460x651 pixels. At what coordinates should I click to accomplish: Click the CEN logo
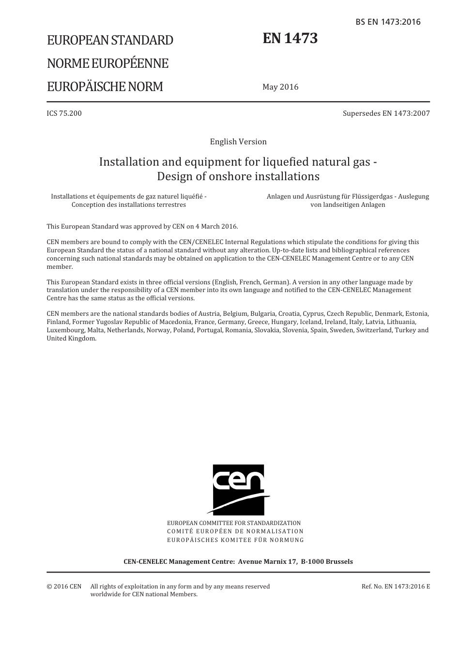pos(239,489)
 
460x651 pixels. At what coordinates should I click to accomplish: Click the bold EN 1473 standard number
pos(290,38)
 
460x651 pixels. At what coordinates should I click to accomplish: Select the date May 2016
pos(280,87)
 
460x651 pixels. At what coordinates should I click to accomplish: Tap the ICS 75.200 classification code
pos(64,113)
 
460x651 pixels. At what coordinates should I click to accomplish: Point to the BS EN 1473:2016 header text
pos(388,22)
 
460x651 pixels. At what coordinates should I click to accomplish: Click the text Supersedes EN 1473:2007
pos(386,113)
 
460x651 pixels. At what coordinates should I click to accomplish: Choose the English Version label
pos(238,141)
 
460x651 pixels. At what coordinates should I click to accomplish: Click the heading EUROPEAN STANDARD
pos(110,40)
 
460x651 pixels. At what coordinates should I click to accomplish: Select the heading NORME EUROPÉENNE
pos(107,63)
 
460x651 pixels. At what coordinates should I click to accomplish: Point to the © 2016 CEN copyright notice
pos(64,587)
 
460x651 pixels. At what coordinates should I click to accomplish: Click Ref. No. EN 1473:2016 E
pos(396,587)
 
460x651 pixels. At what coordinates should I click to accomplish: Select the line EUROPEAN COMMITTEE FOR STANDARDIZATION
pos(234,523)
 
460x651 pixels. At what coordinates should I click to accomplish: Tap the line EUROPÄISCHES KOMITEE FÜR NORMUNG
pos(235,540)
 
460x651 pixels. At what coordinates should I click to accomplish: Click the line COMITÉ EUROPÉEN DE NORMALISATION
pos(235,531)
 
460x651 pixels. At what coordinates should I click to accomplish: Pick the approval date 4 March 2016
pos(215,226)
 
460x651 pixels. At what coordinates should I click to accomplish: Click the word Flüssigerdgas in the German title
pos(365,197)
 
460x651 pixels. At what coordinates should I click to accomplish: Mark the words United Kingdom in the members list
pos(71,339)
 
